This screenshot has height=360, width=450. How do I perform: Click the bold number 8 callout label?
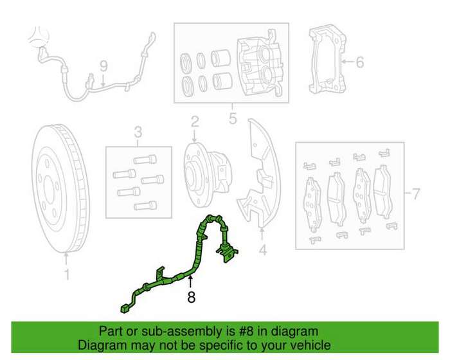(x=191, y=297)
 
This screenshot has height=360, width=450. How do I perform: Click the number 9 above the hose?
(x=104, y=66)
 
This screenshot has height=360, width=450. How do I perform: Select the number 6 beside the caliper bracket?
(x=359, y=62)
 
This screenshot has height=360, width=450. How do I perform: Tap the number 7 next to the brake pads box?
(x=415, y=194)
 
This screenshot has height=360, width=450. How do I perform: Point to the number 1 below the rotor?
(x=67, y=274)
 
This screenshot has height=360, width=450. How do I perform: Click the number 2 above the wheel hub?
(x=195, y=122)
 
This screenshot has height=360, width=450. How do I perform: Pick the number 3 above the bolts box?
(x=138, y=132)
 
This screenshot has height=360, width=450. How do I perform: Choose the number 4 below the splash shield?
(x=262, y=250)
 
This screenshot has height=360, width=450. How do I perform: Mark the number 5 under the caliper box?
(x=233, y=118)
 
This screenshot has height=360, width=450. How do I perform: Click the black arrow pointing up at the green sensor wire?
(x=190, y=282)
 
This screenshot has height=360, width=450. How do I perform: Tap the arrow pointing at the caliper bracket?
(x=347, y=62)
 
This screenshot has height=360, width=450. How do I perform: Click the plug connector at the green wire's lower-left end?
(x=125, y=309)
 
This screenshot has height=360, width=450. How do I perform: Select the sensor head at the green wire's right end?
(x=228, y=253)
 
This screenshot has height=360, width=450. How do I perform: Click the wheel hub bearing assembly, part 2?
(x=208, y=175)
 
